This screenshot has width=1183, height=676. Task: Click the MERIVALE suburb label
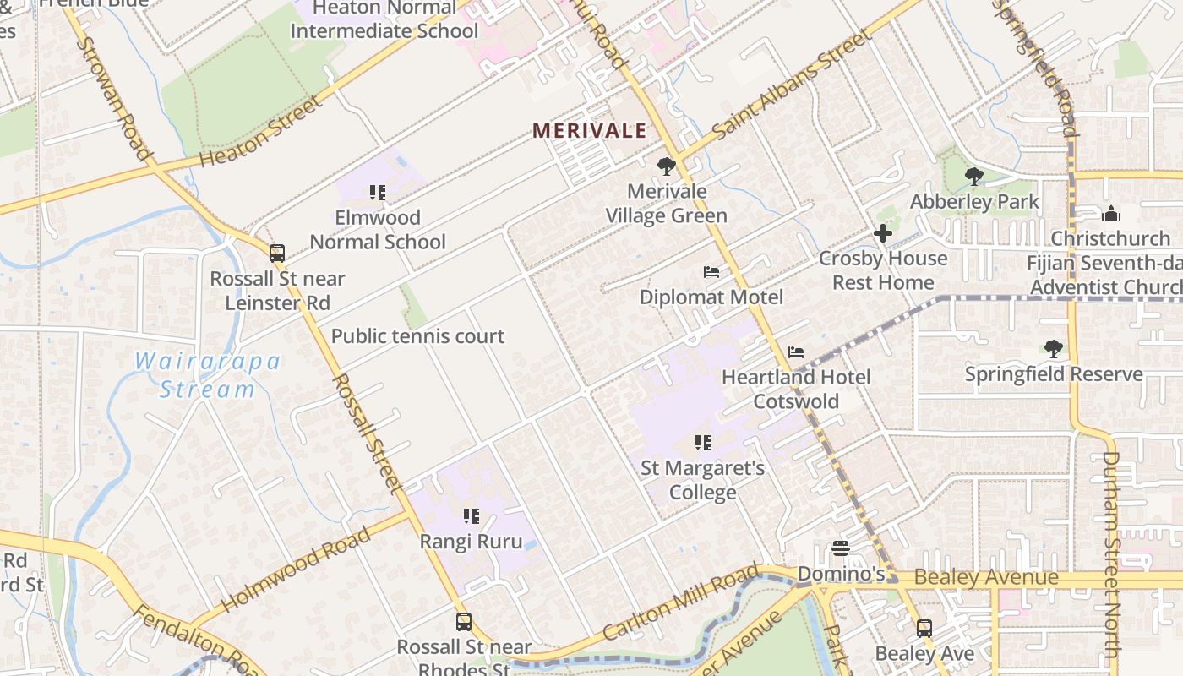[x=589, y=131]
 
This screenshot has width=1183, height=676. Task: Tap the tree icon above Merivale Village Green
[x=667, y=166]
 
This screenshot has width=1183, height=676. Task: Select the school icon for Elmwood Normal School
[x=378, y=193]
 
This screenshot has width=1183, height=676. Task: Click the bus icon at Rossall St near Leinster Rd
[x=276, y=253]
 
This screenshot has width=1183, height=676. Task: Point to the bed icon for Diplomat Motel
[x=711, y=272]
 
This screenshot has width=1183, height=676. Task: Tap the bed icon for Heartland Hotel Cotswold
[x=795, y=352]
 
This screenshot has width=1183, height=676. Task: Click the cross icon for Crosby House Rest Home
[x=883, y=233]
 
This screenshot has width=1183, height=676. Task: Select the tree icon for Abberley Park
[x=974, y=177]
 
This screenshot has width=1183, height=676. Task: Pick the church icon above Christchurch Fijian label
[x=1110, y=214]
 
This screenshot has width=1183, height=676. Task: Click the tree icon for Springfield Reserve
[x=1053, y=348]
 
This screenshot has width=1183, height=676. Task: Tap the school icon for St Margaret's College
[x=702, y=442]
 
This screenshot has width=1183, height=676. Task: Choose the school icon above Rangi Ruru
[x=472, y=515]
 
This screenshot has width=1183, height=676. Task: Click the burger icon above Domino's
[x=840, y=548]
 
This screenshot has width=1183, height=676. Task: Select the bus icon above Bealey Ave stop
[x=924, y=628]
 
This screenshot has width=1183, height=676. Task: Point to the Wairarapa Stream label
[x=208, y=375]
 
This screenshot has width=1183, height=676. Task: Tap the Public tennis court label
[x=417, y=336]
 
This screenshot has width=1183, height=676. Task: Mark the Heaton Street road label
[x=261, y=133]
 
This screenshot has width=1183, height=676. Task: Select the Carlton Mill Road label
[x=681, y=605]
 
